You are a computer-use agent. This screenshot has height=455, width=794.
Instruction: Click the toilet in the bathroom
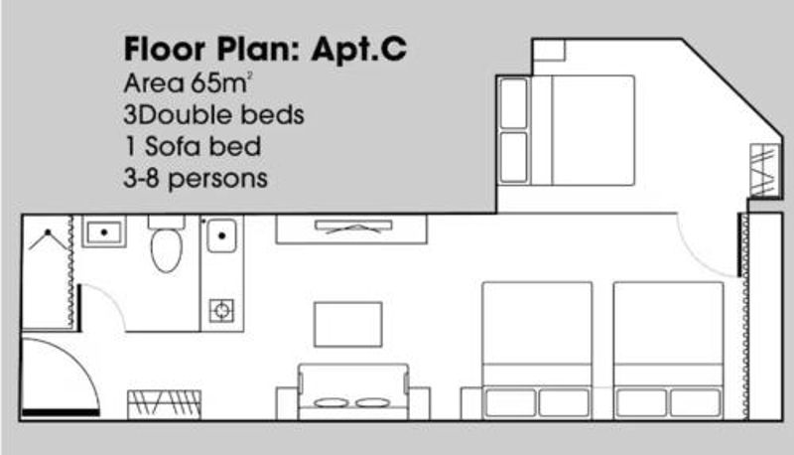(167, 243)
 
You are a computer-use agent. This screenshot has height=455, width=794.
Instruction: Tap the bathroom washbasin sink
(104, 232)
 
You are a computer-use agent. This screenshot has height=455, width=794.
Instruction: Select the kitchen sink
(221, 235)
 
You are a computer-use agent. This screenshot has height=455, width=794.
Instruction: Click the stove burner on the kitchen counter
(221, 310)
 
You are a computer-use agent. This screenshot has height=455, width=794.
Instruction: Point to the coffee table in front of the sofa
(348, 325)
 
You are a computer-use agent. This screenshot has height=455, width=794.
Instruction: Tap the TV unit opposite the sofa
(351, 229)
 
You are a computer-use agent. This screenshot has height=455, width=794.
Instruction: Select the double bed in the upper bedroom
(567, 130)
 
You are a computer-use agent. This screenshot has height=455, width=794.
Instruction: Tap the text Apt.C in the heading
(358, 50)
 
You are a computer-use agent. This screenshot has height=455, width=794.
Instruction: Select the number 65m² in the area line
(218, 83)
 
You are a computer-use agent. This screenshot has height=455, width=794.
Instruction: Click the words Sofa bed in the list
(202, 146)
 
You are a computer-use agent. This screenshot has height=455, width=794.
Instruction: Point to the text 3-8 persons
(196, 179)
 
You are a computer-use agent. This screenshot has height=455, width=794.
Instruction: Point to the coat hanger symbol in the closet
(48, 239)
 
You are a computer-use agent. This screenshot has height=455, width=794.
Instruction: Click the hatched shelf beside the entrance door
(165, 404)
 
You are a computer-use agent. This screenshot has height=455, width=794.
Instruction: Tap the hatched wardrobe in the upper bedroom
(763, 170)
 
